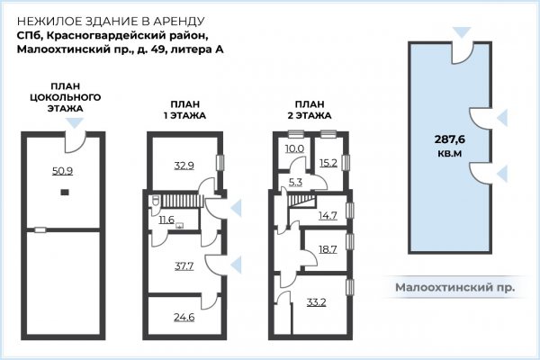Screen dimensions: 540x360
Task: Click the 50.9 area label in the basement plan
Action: [x=62, y=170]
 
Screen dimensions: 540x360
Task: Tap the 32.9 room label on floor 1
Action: [x=184, y=166]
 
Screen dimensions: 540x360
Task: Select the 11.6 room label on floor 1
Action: [x=166, y=220]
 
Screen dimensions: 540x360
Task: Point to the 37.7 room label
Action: [x=184, y=266]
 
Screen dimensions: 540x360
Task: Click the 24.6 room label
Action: [x=184, y=317]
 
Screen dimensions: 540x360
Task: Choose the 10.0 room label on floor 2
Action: [x=294, y=148]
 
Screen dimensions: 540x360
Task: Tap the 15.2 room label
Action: [x=328, y=163]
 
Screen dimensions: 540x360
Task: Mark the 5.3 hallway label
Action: [x=295, y=182]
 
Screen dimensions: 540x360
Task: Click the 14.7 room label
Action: [x=328, y=216]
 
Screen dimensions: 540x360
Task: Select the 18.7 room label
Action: [x=328, y=249]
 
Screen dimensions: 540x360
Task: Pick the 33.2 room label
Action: [x=316, y=302]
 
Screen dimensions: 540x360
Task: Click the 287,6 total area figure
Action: [x=450, y=139]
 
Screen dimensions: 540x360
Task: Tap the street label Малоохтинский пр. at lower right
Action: [x=454, y=287]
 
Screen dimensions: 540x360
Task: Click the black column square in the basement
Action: [x=65, y=193]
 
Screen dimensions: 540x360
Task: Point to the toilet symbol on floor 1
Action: [x=155, y=202]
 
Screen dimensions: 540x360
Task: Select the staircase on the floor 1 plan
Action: [x=181, y=201]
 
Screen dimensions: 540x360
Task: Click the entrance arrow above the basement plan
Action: [x=75, y=123]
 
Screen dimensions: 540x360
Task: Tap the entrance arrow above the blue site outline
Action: [x=462, y=32]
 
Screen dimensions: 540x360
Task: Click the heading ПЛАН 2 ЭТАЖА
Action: [x=310, y=110]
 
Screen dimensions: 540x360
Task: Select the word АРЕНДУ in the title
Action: [x=179, y=21]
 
